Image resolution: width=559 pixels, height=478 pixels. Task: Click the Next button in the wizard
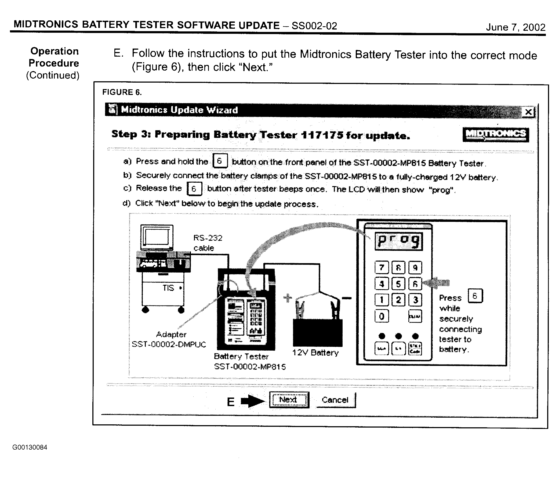coord(289,400)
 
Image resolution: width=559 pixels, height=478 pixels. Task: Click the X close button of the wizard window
coord(528,112)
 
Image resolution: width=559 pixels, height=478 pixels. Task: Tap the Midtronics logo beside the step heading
coord(496,135)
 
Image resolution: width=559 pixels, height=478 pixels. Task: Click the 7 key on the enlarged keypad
coord(382,268)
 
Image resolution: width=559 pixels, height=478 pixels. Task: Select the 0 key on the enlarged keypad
coord(382,316)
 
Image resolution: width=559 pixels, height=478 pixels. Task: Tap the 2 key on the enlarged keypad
coord(398,300)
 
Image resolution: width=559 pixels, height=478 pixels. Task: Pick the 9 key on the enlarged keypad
coord(415,268)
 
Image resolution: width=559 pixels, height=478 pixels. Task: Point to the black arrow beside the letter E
coord(253,401)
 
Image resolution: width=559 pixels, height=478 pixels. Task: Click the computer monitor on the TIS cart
coord(157,237)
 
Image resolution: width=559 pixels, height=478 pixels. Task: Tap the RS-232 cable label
coord(208,243)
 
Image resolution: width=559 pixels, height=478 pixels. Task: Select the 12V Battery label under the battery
coord(315,352)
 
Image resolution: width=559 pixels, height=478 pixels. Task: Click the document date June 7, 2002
coord(516,27)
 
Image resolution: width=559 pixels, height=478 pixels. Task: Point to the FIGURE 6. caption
coord(122,92)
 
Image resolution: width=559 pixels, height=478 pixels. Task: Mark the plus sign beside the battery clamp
coord(288,298)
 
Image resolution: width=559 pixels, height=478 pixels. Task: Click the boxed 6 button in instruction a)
coord(220,161)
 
